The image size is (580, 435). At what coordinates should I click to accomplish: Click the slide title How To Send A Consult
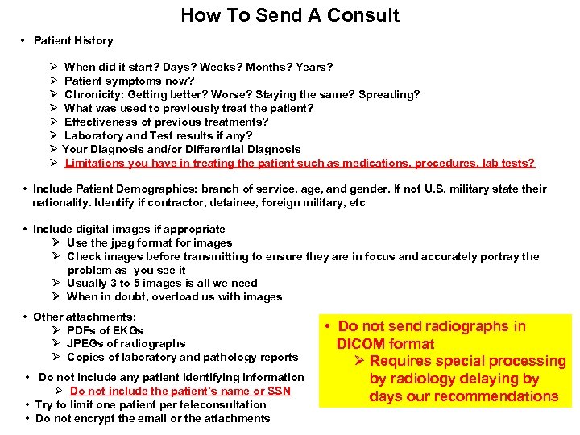tap(290, 15)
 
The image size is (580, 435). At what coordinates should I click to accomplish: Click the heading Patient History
tap(73, 40)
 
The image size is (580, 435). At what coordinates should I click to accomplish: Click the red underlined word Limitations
tap(96, 163)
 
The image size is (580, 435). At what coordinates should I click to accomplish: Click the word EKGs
tap(127, 330)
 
